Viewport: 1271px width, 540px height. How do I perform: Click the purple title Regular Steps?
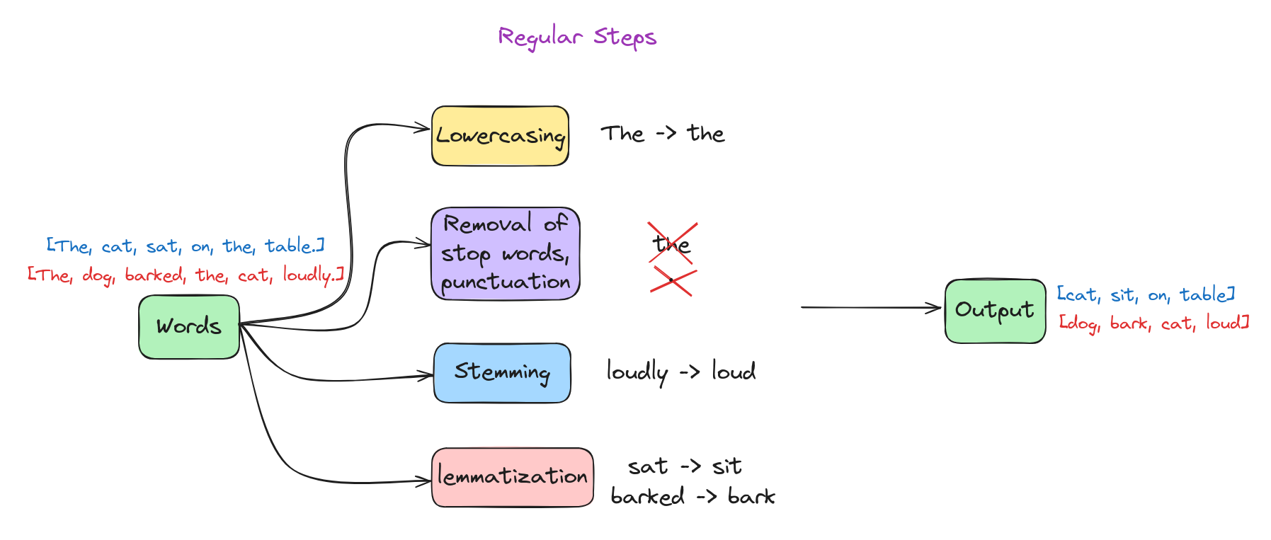pos(577,38)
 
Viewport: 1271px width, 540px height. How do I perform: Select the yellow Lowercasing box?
pos(500,136)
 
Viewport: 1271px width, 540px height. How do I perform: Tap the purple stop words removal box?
pos(506,253)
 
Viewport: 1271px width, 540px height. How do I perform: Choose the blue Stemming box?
pos(502,373)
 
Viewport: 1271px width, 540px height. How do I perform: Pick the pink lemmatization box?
pos(513,477)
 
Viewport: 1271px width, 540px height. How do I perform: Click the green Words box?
pos(189,327)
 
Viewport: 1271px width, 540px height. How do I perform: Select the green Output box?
pos(995,311)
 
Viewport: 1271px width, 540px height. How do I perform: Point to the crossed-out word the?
pos(671,244)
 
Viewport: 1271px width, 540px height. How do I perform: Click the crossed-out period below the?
pos(672,281)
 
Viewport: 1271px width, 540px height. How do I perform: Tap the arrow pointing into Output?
pos(871,307)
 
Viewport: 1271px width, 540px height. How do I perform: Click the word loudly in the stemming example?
pos(637,372)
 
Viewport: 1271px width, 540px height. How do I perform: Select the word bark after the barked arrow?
pos(751,496)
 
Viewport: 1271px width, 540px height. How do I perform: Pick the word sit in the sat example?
pos(727,466)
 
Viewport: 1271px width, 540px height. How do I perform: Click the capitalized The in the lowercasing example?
pos(623,133)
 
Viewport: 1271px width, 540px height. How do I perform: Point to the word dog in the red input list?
pos(98,275)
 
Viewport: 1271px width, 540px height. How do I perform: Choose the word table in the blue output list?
pos(1202,294)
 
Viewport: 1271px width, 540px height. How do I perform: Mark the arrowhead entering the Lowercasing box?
pos(423,129)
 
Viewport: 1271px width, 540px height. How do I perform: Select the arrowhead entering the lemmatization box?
pos(423,481)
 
